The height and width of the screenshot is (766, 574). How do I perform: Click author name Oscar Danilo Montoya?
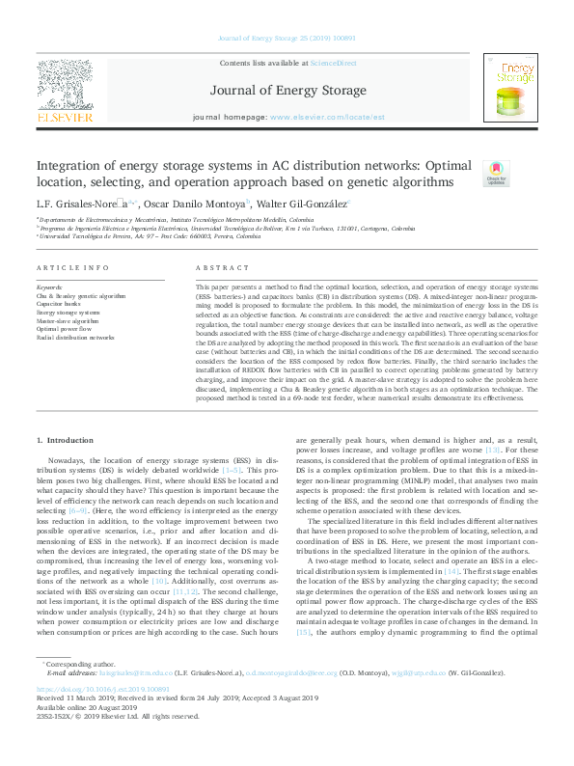[198, 204]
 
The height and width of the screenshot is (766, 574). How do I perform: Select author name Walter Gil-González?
[305, 204]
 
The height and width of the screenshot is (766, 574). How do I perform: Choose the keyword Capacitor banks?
[59, 304]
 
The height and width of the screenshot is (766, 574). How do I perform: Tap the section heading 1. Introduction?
[68, 440]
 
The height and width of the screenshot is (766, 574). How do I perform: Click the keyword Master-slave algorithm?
[67, 320]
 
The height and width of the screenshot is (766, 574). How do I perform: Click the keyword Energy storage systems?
[68, 313]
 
